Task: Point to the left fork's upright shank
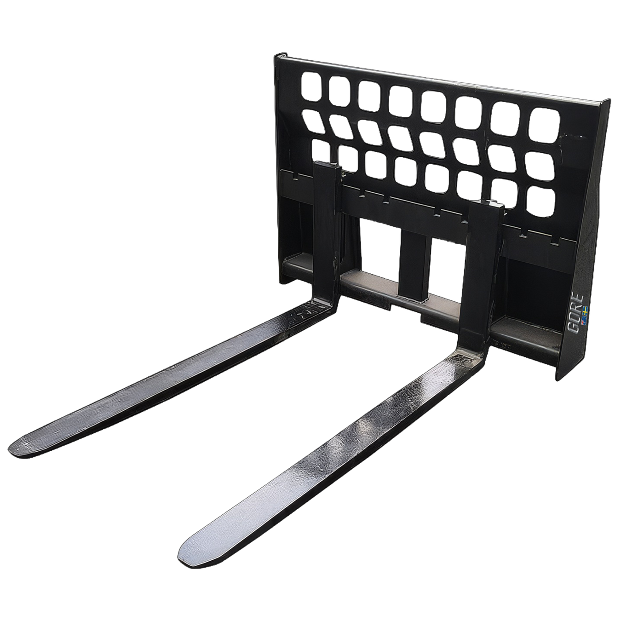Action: coord(326,230)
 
